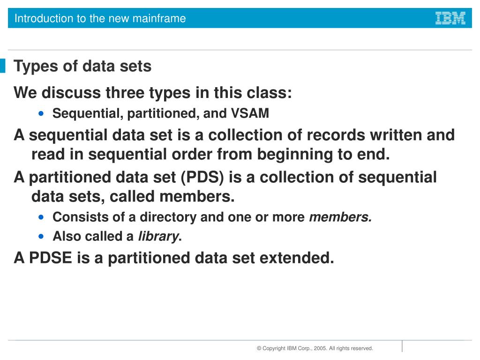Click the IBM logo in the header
450,18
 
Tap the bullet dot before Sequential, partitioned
43,113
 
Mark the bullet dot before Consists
43,217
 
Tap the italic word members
340,217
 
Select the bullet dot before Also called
43,236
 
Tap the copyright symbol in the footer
259,348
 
